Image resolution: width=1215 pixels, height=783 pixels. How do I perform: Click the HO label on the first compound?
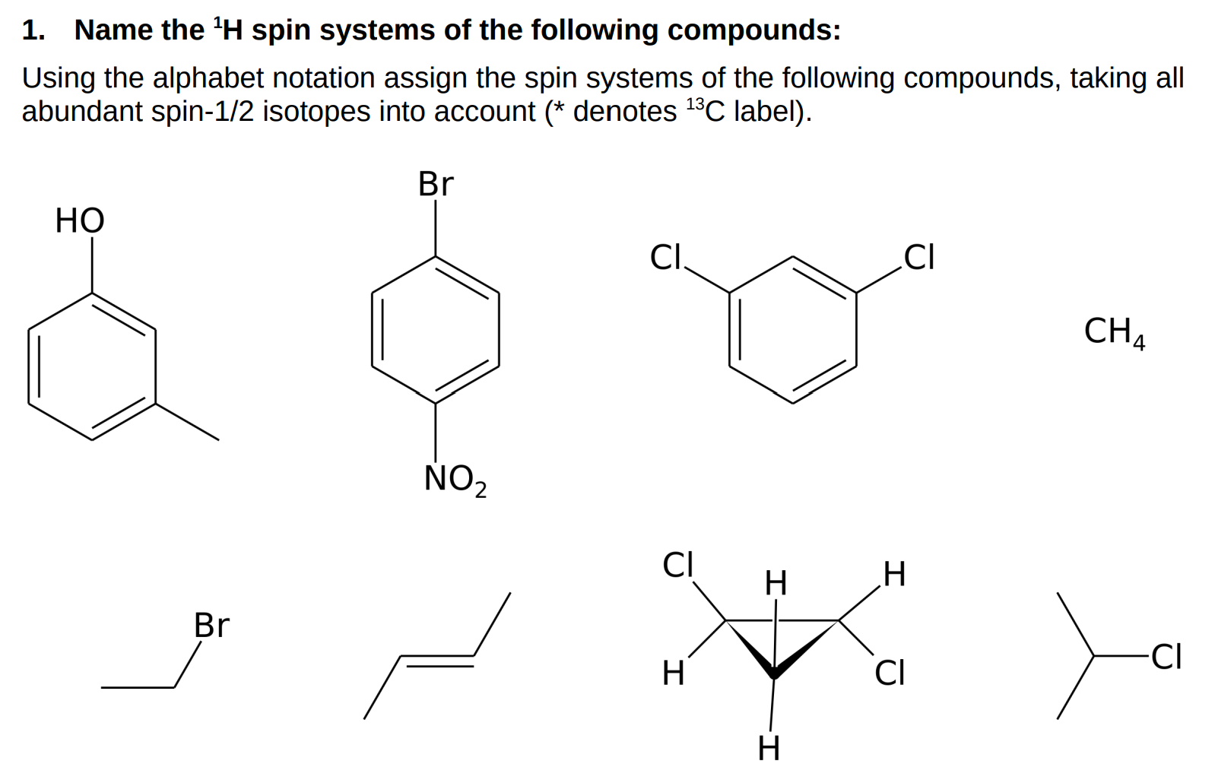(x=80, y=220)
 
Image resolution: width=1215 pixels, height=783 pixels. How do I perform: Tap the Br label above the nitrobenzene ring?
(x=436, y=184)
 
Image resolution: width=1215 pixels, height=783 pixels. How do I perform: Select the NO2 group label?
(x=455, y=480)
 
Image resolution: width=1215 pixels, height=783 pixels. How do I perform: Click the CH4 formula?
(x=1114, y=331)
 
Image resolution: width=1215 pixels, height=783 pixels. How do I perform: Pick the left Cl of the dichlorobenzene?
(x=666, y=257)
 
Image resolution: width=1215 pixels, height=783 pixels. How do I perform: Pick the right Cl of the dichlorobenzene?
(x=918, y=257)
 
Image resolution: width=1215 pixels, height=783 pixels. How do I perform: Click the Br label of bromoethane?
(x=211, y=626)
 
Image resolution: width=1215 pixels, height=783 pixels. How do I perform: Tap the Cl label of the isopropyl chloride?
(x=1166, y=657)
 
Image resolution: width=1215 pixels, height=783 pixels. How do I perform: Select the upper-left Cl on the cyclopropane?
(x=678, y=565)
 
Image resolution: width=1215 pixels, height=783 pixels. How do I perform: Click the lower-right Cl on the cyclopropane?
(x=890, y=673)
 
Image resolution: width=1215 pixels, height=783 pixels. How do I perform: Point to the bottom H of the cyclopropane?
(x=769, y=749)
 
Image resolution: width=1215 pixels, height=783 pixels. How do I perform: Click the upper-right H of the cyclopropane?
(x=894, y=574)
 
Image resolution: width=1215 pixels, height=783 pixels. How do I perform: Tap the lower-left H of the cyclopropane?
(x=673, y=673)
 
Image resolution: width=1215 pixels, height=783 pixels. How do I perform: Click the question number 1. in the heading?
(x=33, y=30)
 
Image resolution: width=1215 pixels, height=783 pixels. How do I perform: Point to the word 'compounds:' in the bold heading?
(x=754, y=30)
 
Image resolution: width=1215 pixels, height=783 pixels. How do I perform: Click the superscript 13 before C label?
(x=695, y=103)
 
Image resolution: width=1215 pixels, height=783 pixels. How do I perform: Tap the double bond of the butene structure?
(x=437, y=661)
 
